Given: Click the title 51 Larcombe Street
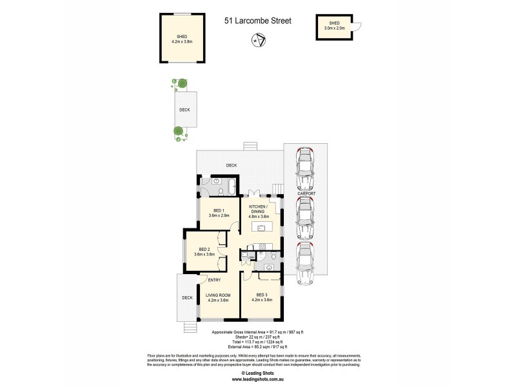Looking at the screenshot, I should point(257,21).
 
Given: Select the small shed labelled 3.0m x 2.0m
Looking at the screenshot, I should point(336,26).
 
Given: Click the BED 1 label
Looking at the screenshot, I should point(219,212).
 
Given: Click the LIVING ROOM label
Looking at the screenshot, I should point(218,297).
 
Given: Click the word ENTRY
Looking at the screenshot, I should point(214,280).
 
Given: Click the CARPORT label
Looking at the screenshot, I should point(307,193).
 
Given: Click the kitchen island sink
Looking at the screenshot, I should point(261,228).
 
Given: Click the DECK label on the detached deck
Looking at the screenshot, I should point(184,110).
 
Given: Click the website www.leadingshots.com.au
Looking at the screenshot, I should point(257,379).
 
